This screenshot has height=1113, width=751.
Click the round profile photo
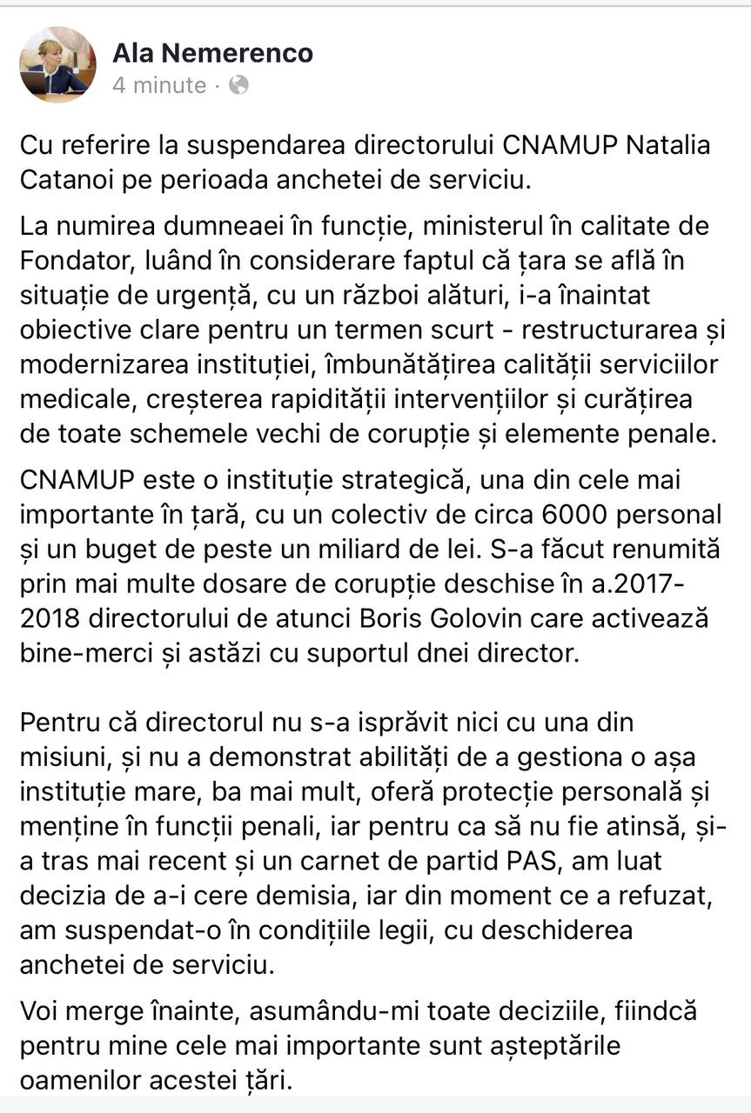click(58, 64)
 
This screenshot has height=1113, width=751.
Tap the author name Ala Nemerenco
click(212, 53)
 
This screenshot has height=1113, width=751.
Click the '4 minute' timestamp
click(159, 85)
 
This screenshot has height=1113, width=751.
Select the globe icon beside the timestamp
click(238, 85)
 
